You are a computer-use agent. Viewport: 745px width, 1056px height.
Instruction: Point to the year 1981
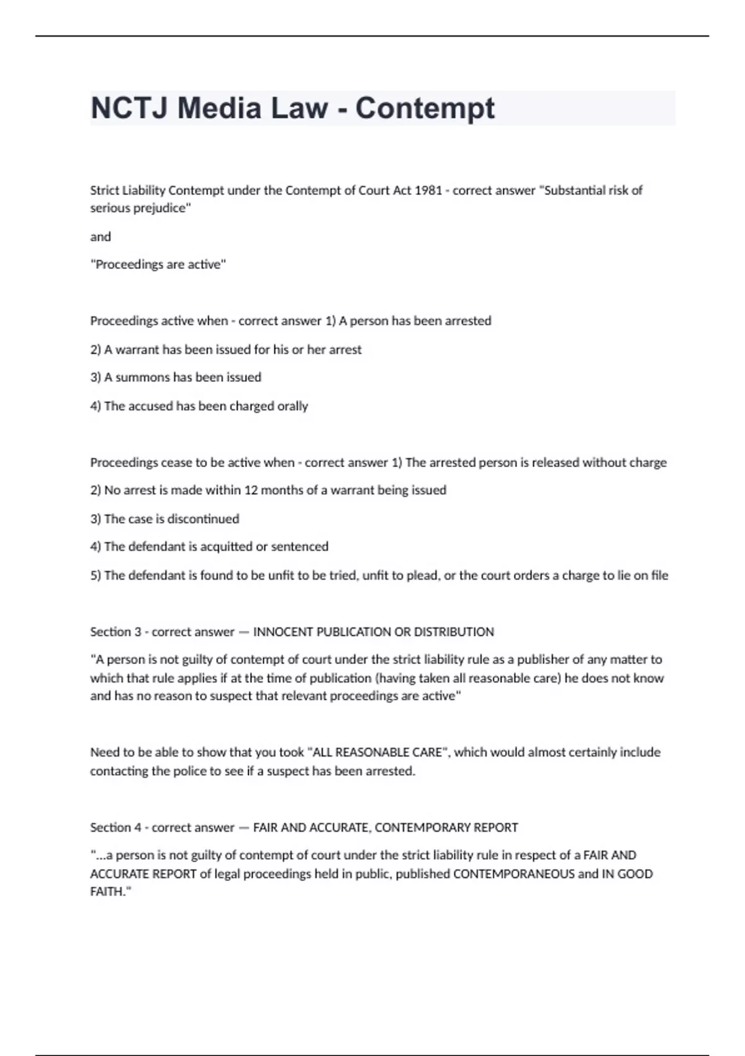[428, 190]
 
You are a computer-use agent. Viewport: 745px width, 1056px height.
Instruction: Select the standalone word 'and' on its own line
[101, 237]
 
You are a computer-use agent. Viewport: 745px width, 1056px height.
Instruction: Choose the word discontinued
[203, 519]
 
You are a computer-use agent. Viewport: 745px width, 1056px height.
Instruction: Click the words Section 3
[115, 632]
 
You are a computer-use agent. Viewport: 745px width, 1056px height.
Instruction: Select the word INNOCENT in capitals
[282, 632]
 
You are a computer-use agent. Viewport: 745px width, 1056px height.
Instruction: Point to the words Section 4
[115, 827]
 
